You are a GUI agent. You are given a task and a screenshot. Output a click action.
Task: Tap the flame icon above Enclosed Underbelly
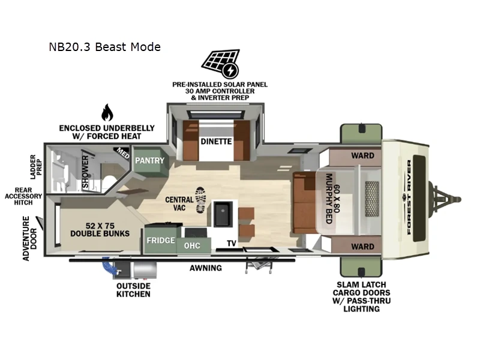[x=106, y=112]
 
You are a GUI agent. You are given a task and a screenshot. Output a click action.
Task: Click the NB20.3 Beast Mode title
[x=105, y=46]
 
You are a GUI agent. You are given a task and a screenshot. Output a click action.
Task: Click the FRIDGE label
[x=161, y=241]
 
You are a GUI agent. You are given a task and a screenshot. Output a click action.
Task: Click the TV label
[x=231, y=244]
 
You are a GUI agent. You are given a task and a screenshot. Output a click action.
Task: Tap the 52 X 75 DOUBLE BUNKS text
[x=100, y=229]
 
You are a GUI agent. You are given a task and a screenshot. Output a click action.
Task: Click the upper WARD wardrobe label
[x=362, y=155]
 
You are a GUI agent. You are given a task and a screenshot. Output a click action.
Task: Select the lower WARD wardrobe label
[x=362, y=246]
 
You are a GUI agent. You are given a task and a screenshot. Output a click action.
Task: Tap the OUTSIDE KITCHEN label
[x=133, y=290]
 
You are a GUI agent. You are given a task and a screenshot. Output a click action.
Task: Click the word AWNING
[x=206, y=268]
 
